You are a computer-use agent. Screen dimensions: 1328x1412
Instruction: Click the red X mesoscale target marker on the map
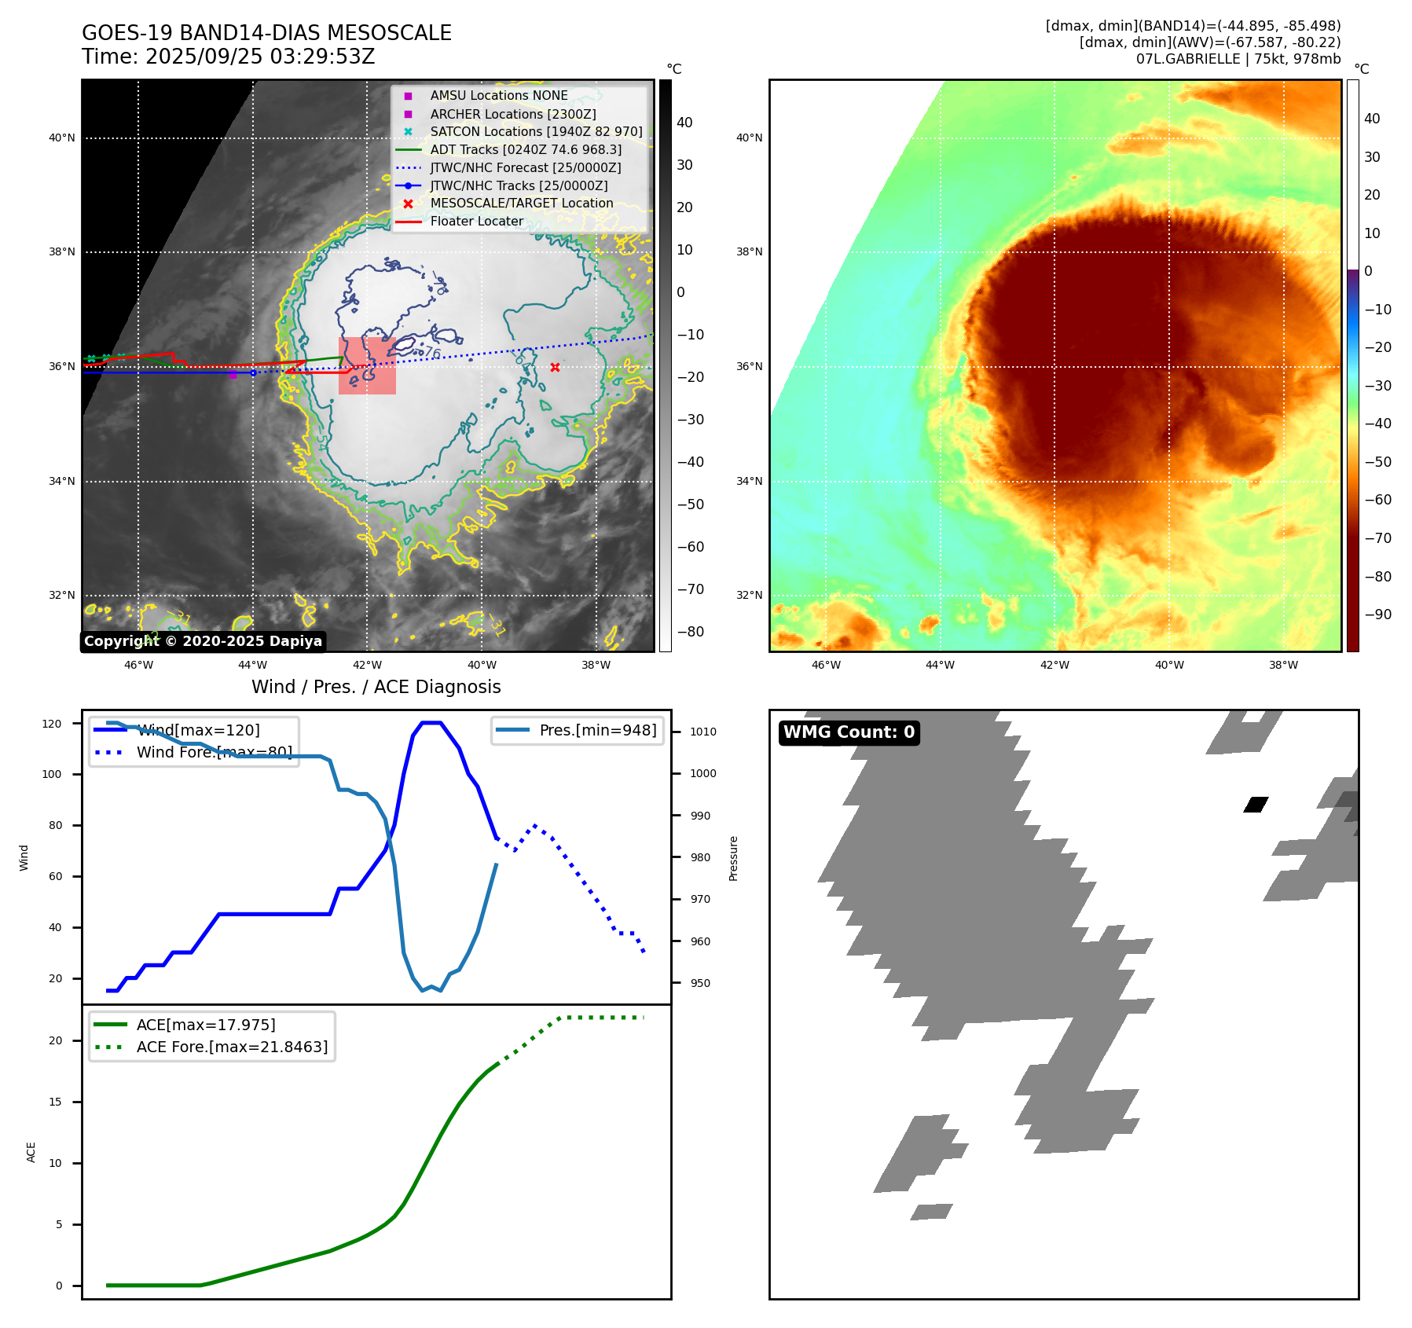coord(555,367)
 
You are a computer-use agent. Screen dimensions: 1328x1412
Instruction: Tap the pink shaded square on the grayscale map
coord(367,365)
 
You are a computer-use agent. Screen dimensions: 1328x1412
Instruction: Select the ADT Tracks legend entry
coord(525,149)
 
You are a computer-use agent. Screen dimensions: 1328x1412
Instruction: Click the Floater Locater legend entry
coord(476,221)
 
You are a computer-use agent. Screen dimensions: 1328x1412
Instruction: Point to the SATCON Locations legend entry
coord(535,131)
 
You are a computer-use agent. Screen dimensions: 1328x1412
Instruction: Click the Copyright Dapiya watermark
coord(203,641)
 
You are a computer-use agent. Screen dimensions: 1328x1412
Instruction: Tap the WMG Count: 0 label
coord(849,732)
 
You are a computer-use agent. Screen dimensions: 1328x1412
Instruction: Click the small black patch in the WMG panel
coord(1256,804)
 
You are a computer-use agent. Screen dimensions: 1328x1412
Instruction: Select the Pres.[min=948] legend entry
coord(597,730)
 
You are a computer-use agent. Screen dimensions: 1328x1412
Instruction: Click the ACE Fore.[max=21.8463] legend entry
coord(231,1047)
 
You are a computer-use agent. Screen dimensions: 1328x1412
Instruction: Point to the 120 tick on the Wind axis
coord(52,724)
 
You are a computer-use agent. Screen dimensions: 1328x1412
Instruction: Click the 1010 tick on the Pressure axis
coord(703,732)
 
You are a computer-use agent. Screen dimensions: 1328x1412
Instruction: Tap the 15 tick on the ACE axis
coord(55,1102)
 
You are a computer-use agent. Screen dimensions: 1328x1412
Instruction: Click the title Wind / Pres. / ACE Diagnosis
coord(376,687)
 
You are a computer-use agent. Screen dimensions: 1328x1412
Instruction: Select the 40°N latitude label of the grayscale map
coord(62,138)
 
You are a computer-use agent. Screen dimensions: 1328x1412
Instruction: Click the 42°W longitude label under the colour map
coord(1054,665)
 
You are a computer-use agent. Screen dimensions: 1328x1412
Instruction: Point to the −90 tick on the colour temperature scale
coord(1377,614)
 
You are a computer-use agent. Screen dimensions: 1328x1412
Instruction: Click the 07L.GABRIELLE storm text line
coord(1238,59)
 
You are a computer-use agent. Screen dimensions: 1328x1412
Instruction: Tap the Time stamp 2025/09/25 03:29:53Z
coord(228,57)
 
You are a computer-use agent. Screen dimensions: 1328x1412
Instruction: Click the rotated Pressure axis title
coord(733,858)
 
